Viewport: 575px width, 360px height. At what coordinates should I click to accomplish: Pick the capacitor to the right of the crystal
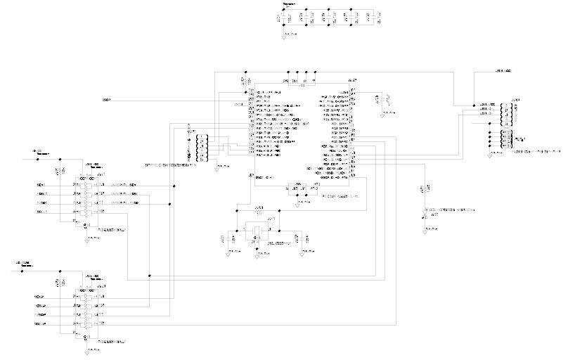click(x=298, y=239)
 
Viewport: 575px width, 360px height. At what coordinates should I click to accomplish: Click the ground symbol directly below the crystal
click(x=257, y=253)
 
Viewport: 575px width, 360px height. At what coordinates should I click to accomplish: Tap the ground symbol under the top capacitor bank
click(x=284, y=35)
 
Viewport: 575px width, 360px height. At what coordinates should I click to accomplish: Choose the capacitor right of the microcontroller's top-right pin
click(x=380, y=98)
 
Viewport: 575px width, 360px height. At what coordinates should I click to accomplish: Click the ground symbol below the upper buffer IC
click(x=87, y=237)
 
